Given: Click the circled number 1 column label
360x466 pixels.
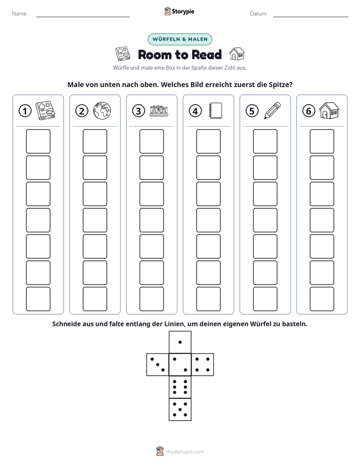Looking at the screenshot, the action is [x=25, y=111].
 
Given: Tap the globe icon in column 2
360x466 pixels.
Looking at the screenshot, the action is [x=102, y=111].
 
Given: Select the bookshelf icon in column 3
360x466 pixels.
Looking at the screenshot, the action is [x=159, y=110].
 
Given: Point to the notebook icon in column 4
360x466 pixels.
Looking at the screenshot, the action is [x=215, y=110].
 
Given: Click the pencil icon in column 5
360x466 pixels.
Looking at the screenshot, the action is [x=272, y=110].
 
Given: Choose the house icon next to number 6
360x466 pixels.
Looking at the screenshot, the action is [x=329, y=110].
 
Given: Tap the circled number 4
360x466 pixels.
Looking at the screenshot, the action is [x=195, y=111].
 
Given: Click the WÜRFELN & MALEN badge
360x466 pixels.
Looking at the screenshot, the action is [x=180, y=39].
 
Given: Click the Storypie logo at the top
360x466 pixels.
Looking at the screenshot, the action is [x=179, y=11].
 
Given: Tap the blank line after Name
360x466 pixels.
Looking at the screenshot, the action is [x=83, y=17].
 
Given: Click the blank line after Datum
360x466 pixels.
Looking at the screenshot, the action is [x=311, y=17].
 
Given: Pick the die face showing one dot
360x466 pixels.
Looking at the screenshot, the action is [x=180, y=342].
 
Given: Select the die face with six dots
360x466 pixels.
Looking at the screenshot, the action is [x=180, y=387].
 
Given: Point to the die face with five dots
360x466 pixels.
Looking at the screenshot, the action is [x=180, y=410].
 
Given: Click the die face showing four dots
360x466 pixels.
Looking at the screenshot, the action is [x=203, y=365].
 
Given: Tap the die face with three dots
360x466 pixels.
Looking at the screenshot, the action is [x=158, y=365].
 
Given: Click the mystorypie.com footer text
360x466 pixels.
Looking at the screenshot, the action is [x=185, y=452].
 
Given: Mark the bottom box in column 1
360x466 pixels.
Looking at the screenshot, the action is [x=38, y=299].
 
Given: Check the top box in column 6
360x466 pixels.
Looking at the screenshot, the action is [x=322, y=141].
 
